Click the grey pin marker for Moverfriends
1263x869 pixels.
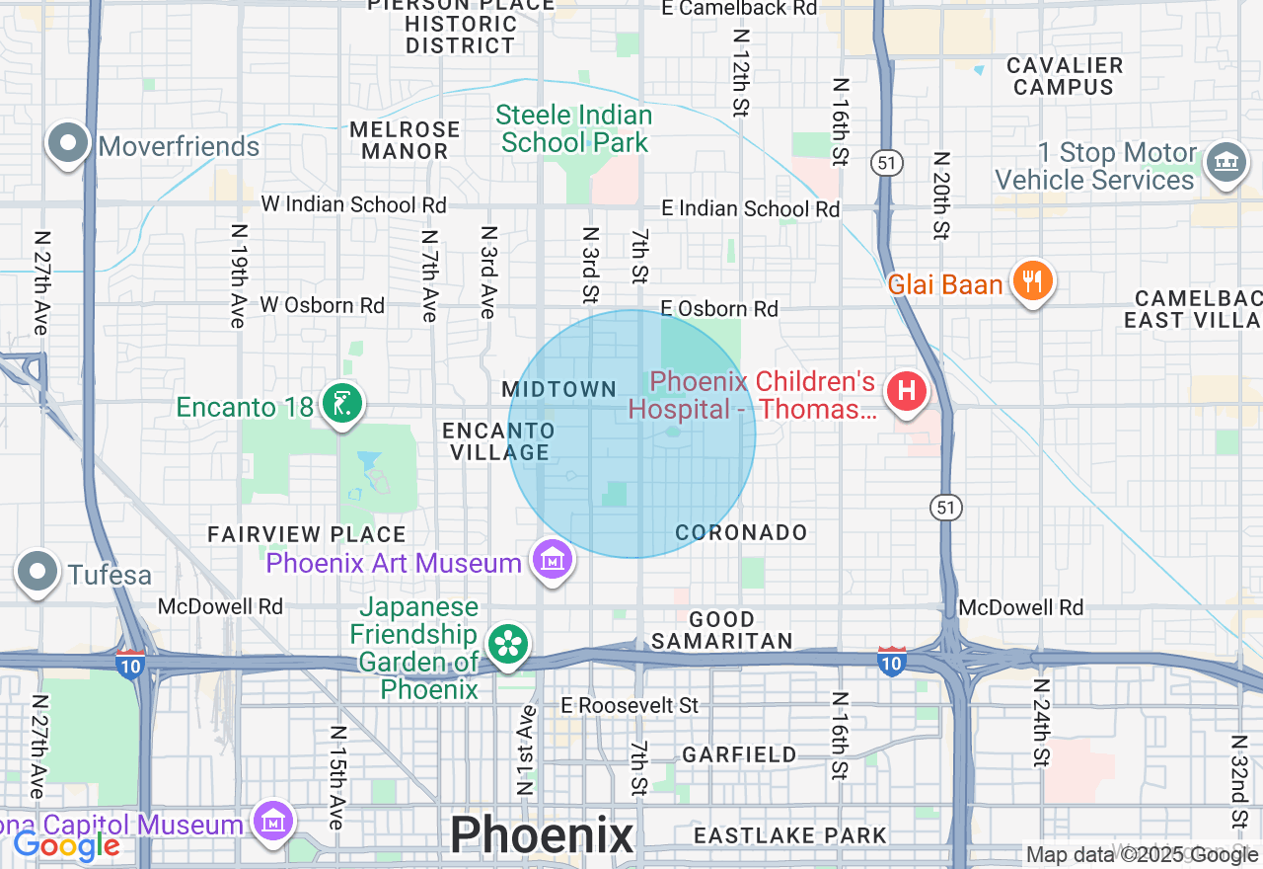coord(67,144)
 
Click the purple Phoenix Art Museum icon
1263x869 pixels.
coord(553,561)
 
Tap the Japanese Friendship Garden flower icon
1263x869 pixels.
coord(508,646)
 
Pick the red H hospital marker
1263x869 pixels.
coord(906,391)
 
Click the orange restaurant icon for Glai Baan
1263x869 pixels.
coord(1032,281)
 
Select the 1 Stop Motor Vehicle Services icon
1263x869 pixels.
coord(1226,161)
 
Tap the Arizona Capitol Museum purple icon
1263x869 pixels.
coord(272,821)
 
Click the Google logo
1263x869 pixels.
coord(67,845)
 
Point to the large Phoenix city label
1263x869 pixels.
coord(542,835)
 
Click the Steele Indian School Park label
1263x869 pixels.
coord(574,129)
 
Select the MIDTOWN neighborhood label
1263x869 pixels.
coord(559,390)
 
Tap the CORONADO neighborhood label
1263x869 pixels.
coord(741,532)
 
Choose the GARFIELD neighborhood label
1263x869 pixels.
coord(739,754)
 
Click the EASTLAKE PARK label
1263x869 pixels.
coord(790,835)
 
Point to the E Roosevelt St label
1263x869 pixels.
coord(630,705)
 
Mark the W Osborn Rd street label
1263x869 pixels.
coord(322,305)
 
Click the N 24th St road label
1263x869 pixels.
coord(1041,722)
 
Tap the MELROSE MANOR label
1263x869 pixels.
coord(405,140)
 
